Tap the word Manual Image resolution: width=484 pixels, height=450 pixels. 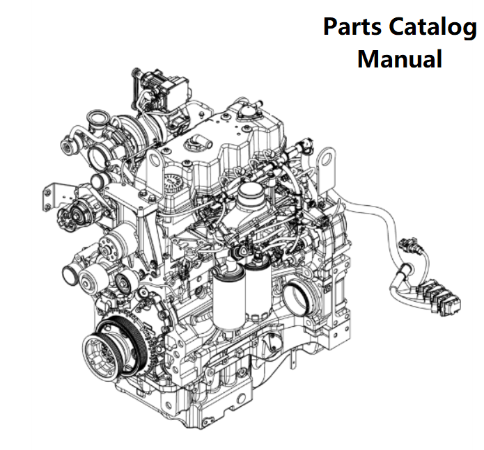pos(399,58)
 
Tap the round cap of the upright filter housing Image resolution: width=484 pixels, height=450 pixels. pos(249,191)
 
